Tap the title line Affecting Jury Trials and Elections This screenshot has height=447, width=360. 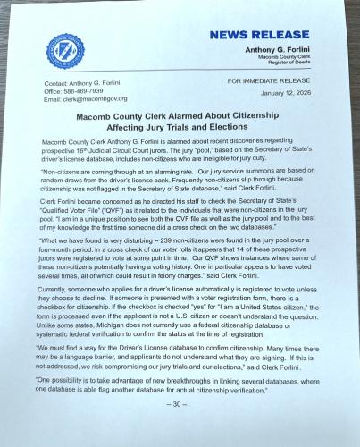180,128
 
